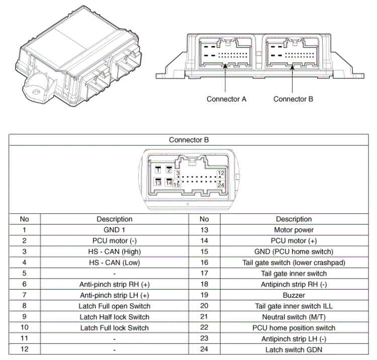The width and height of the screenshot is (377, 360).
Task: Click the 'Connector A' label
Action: (x=226, y=99)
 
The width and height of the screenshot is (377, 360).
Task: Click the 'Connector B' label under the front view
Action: (x=293, y=99)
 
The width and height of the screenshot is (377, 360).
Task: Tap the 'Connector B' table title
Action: (x=189, y=140)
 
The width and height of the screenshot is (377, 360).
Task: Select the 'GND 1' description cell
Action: (x=114, y=230)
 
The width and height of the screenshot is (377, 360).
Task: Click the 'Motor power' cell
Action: (x=294, y=230)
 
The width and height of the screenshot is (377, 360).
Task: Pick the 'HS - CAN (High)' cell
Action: (x=114, y=251)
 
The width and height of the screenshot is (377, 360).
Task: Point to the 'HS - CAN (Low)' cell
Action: (x=114, y=262)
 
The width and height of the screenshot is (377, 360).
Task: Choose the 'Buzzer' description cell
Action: (x=294, y=295)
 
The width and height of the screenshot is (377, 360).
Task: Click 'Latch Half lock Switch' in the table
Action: (x=114, y=317)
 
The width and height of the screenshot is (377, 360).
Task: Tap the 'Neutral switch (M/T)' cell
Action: (x=294, y=317)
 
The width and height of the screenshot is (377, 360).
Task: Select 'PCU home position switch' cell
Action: (x=294, y=328)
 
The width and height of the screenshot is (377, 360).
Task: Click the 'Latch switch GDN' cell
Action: (x=294, y=349)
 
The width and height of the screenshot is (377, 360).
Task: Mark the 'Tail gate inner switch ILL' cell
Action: (x=294, y=306)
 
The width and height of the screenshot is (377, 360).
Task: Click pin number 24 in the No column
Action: (x=204, y=349)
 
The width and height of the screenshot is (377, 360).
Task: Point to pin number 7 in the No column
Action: (x=24, y=295)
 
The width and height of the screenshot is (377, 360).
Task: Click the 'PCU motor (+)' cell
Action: (x=294, y=241)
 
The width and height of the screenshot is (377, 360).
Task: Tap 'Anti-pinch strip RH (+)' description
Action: (x=114, y=284)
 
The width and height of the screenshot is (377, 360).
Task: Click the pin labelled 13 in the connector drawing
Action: (x=158, y=184)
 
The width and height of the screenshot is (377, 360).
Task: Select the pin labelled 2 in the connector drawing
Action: (x=169, y=170)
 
